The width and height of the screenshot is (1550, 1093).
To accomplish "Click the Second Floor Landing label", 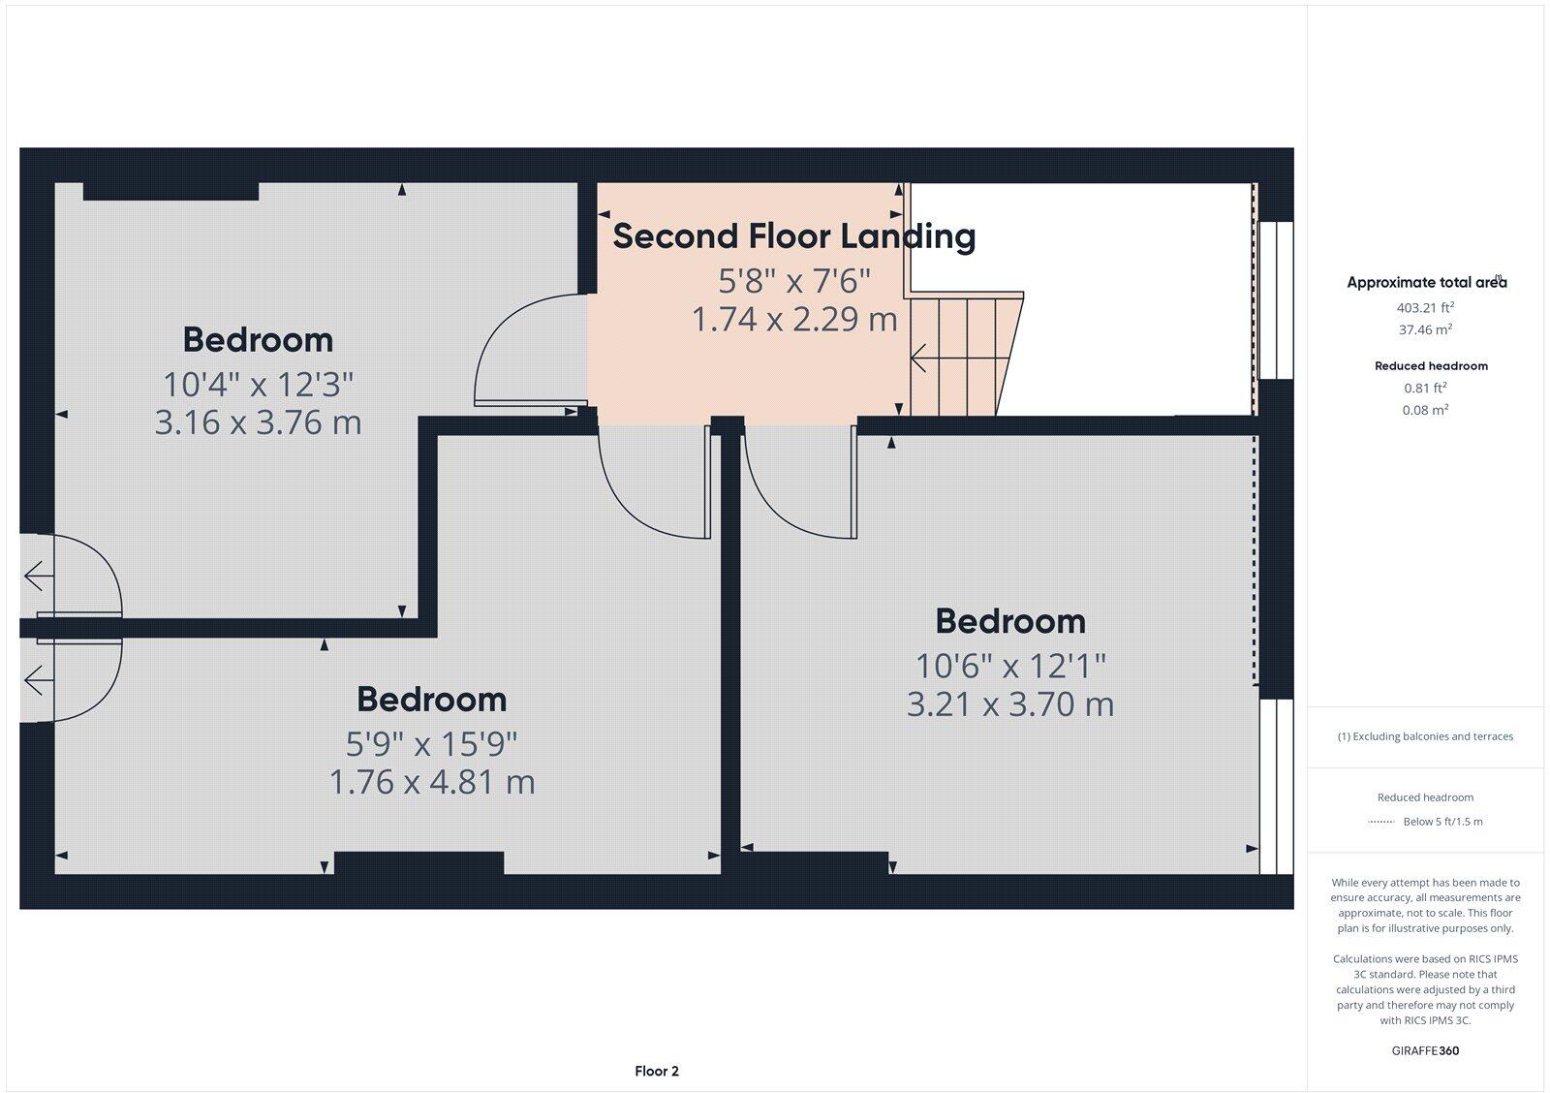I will tap(793, 236).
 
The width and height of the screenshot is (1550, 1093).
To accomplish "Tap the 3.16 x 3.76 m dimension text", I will tap(258, 422).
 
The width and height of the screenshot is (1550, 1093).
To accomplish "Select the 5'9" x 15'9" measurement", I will tap(432, 744).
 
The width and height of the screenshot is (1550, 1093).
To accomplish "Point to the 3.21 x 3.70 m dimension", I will tap(1009, 704).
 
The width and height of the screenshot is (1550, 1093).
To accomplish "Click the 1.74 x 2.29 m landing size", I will tap(794, 319).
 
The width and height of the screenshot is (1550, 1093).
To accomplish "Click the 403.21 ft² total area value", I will tap(1425, 307).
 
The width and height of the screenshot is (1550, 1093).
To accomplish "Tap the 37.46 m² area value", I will tap(1425, 329).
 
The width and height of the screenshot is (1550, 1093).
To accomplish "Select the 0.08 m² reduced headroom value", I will tap(1425, 410).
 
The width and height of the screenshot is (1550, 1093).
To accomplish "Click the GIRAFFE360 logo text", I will tap(1425, 1050).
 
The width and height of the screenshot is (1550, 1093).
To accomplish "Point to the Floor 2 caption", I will tap(657, 1071).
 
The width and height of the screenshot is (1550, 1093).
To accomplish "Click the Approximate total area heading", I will tap(1425, 283).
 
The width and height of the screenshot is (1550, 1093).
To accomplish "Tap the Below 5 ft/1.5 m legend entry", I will tap(1441, 822).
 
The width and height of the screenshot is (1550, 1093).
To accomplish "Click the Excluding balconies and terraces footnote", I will tap(1425, 736).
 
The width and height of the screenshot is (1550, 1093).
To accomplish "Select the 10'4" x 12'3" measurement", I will tap(258, 385).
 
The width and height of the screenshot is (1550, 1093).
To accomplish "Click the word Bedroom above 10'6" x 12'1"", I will tap(1009, 621).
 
